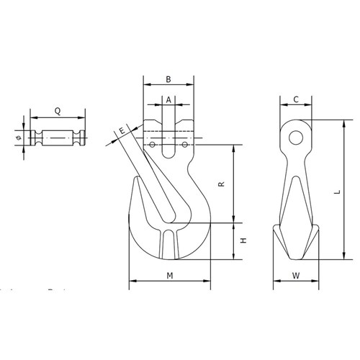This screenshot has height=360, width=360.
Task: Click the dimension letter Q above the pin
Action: pos(57,112)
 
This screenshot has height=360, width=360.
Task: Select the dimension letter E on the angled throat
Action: pos(122,130)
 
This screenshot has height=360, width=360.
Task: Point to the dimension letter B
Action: pos(168,79)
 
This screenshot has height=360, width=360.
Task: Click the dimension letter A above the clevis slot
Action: pos(168,102)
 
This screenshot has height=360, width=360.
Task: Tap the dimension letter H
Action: pos(243,241)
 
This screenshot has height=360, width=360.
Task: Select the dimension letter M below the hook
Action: pos(169,276)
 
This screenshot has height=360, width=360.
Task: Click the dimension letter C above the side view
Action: pos(296,100)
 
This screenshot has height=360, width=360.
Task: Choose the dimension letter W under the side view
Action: pos(296,276)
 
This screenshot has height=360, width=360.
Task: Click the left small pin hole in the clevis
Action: pos(153,145)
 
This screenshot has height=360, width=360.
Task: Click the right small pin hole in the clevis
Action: pos(185,145)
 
